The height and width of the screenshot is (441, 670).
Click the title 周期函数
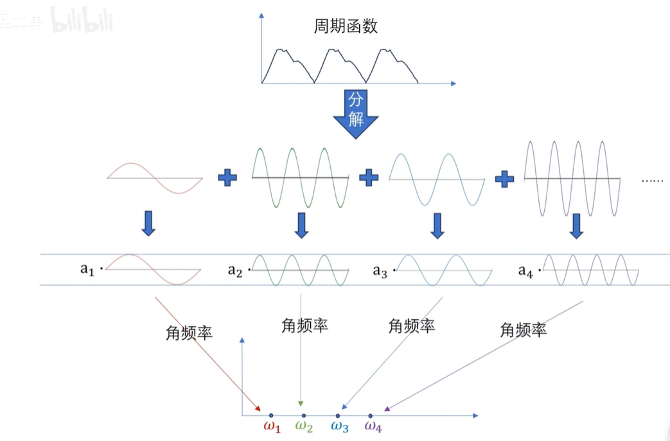click(346, 26)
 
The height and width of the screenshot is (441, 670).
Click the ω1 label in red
click(272, 426)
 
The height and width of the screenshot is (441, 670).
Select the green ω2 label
click(304, 426)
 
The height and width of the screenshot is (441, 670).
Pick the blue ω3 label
click(340, 426)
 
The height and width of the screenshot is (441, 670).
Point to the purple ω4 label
click(373, 426)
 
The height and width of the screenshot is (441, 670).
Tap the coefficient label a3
click(380, 271)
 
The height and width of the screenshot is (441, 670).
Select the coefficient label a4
click(526, 271)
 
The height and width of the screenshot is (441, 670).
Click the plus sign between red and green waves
click(227, 177)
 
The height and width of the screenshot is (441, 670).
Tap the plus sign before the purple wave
click(505, 177)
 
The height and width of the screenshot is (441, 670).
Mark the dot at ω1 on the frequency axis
click(271, 415)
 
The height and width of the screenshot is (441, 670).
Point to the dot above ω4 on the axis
click(371, 415)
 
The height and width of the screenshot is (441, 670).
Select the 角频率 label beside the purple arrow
click(524, 331)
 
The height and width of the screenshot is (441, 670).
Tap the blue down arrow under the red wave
click(148, 223)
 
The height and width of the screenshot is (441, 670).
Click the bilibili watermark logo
click(82, 21)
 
